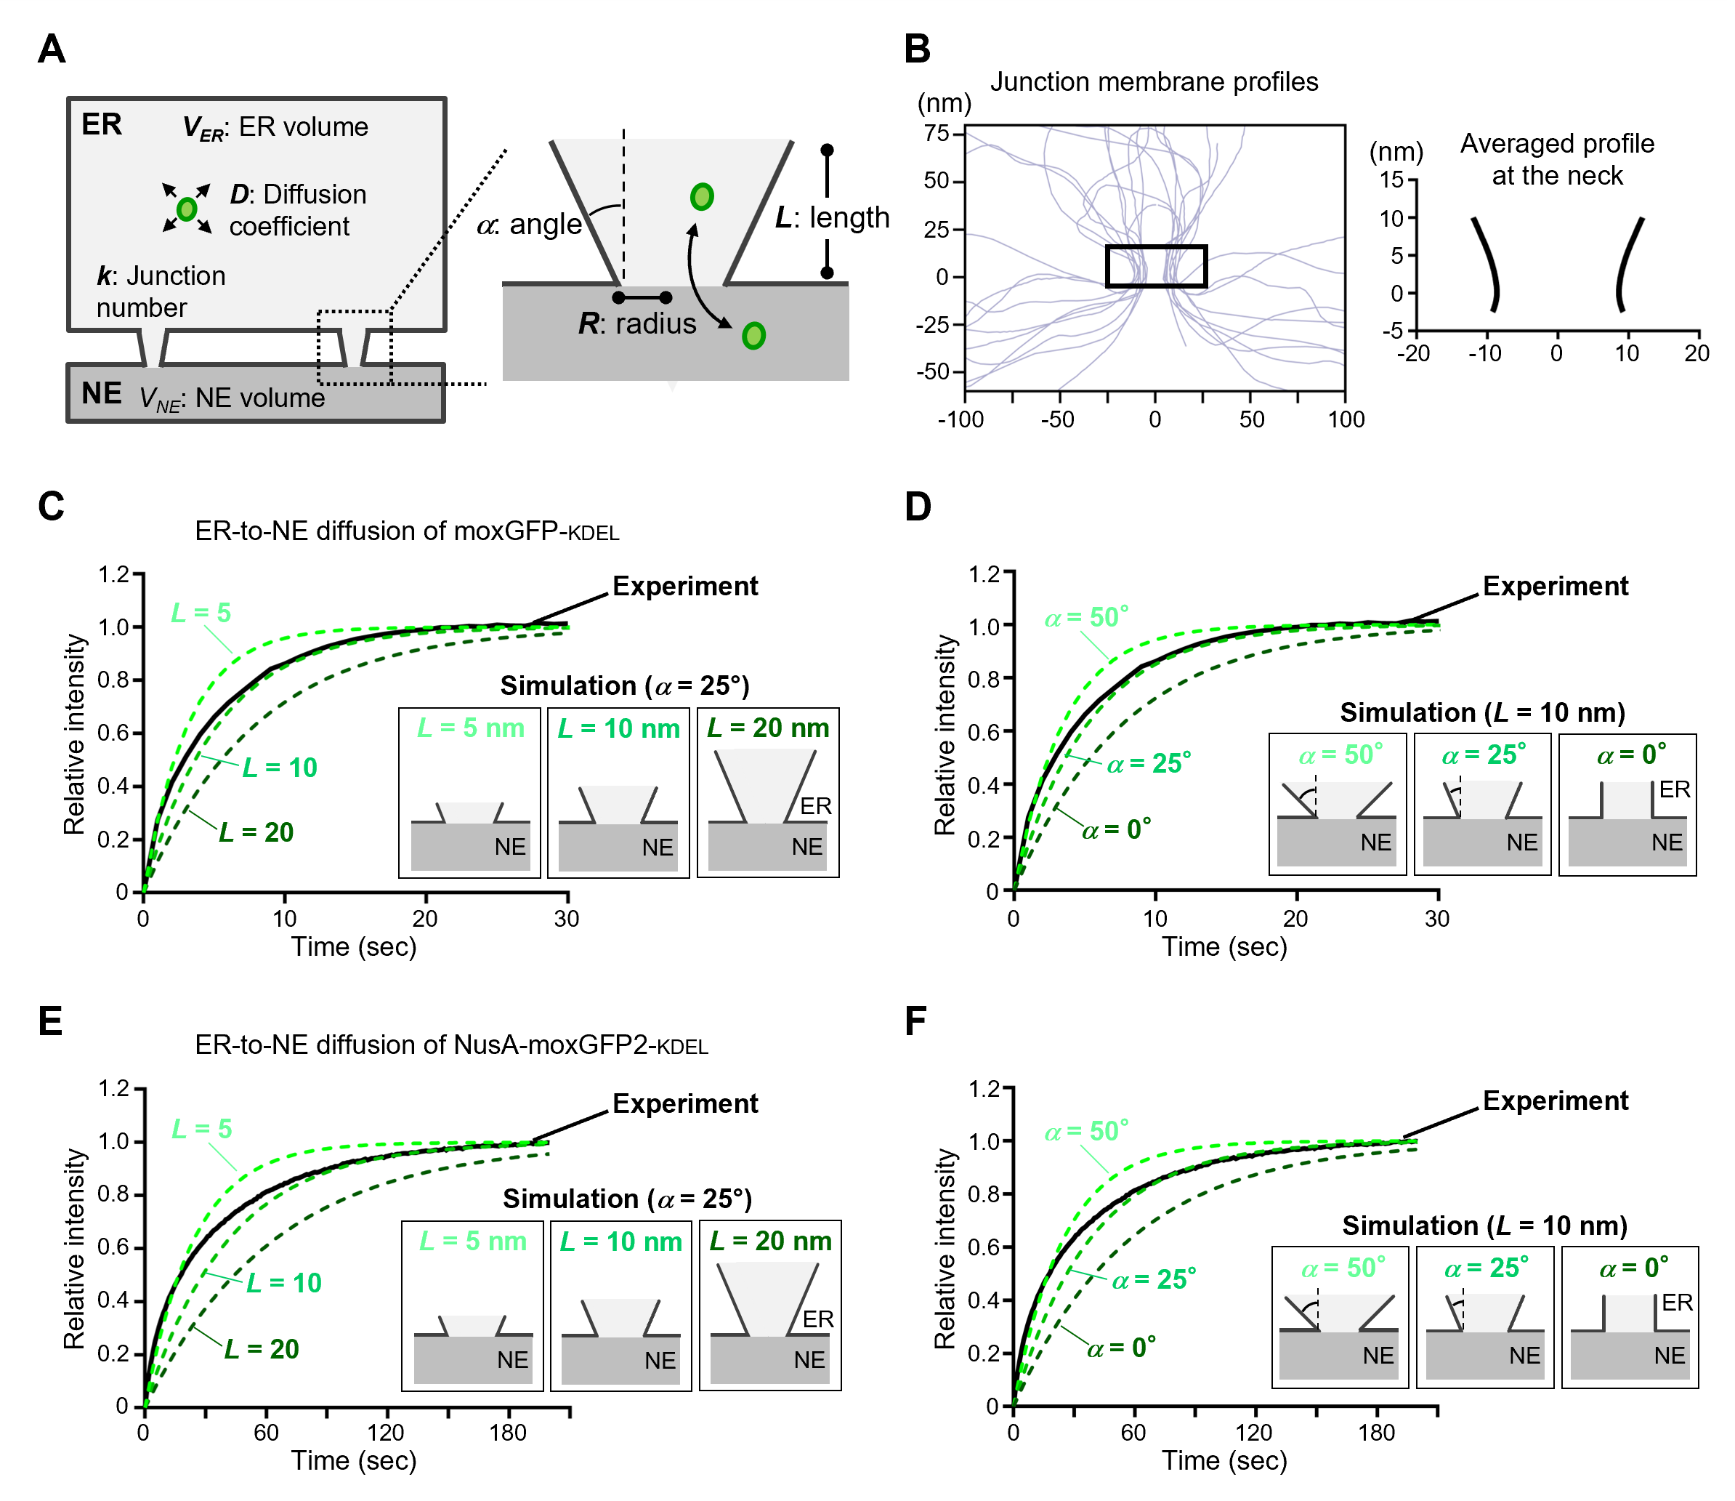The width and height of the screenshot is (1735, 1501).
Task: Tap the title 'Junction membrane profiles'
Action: point(1154,82)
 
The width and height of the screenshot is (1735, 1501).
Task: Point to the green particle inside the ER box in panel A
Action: point(187,209)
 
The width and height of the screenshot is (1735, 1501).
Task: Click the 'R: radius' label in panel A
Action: point(637,324)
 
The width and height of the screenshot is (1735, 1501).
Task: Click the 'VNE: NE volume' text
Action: point(232,398)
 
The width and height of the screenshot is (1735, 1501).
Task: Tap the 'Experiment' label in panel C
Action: point(685,587)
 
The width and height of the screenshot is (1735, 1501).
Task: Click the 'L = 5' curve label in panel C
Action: point(201,613)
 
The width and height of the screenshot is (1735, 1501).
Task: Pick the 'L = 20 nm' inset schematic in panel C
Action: point(768,792)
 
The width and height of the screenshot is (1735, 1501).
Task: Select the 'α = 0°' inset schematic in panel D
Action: point(1627,805)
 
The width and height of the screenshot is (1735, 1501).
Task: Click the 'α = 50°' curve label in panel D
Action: point(1086,618)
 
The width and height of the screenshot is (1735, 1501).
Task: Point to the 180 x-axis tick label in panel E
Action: point(507,1433)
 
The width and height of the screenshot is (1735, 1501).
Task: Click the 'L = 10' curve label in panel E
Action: point(284,1283)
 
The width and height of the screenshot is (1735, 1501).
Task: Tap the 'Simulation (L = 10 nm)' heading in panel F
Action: point(1484,1226)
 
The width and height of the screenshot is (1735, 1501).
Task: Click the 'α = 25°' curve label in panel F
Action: point(1154,1280)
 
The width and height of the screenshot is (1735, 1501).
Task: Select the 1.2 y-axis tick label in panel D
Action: point(984,575)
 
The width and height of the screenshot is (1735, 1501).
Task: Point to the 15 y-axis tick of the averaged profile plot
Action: point(1391,180)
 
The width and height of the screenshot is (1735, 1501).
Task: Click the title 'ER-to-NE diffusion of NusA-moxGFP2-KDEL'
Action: point(451,1045)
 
